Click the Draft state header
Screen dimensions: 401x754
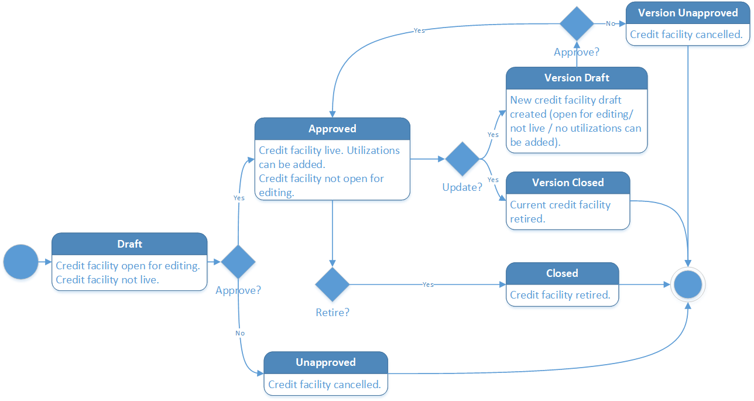coord(129,244)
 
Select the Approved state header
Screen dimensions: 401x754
coord(332,129)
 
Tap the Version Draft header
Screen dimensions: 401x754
coord(577,78)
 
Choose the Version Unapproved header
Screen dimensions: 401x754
coord(687,13)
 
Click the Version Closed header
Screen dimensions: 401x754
coord(567,183)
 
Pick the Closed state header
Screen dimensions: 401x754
coord(562,273)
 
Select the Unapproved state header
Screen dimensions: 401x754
coord(325,362)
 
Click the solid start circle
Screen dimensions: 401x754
coord(20,262)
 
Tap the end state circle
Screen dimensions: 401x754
coord(688,285)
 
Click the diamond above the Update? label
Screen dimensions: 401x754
coord(462,159)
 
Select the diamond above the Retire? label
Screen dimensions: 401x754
coord(333,285)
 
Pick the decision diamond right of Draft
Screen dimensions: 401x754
coord(238,262)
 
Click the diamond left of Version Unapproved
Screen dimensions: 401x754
coord(577,23)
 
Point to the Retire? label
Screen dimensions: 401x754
coord(333,313)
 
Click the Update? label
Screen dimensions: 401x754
coord(462,187)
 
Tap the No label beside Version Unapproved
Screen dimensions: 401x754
coord(611,23)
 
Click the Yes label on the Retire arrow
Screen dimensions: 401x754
coord(428,285)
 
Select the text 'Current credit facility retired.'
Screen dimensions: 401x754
coord(560,212)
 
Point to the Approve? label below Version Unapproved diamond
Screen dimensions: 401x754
coord(577,52)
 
